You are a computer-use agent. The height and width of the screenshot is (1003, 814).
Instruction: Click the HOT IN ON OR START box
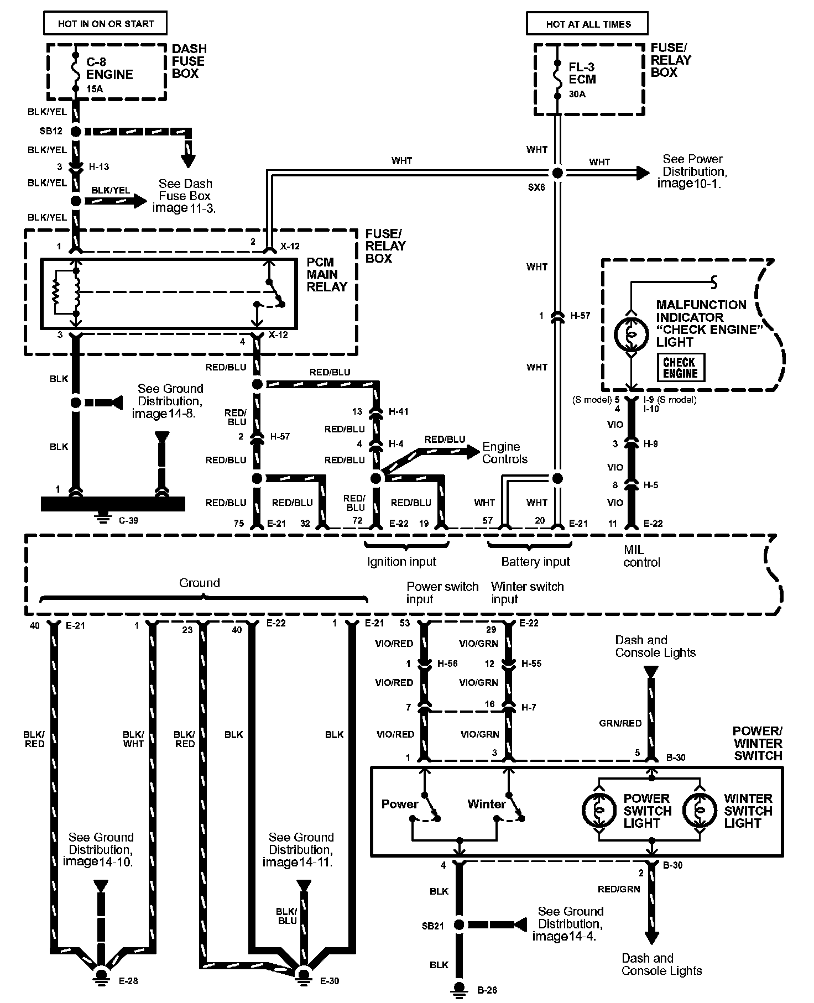pyautogui.click(x=106, y=24)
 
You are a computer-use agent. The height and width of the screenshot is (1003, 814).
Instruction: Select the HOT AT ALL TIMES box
pyautogui.click(x=588, y=24)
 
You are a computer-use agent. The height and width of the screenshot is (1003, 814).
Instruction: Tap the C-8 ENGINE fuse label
pyautogui.click(x=109, y=69)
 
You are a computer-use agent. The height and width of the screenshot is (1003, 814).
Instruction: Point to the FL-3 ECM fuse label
pyautogui.click(x=582, y=73)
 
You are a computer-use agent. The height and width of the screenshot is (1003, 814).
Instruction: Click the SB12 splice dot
pyautogui.click(x=76, y=132)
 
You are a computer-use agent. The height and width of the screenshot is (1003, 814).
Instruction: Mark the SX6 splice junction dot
pyautogui.click(x=557, y=173)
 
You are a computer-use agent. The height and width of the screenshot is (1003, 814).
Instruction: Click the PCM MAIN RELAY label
pyautogui.click(x=327, y=274)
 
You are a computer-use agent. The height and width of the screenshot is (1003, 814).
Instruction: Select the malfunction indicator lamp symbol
pyautogui.click(x=630, y=333)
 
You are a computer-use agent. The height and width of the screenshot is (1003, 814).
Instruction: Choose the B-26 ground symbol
pyautogui.click(x=458, y=987)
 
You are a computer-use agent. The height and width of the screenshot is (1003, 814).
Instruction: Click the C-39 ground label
pyautogui.click(x=128, y=520)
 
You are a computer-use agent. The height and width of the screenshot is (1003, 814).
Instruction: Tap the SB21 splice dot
pyautogui.click(x=458, y=924)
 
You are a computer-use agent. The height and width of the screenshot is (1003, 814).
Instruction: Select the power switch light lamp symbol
pyautogui.click(x=598, y=810)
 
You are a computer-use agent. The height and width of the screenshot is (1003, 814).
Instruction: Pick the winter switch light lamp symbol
pyautogui.click(x=699, y=810)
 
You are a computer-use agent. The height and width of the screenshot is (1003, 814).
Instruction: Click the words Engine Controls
pyautogui.click(x=504, y=453)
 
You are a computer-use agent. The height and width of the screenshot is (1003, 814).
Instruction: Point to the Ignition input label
pyautogui.click(x=401, y=562)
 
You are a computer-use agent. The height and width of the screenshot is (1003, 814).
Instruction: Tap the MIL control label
pyautogui.click(x=641, y=556)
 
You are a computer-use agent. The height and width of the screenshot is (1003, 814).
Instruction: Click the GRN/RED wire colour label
pyautogui.click(x=620, y=723)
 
